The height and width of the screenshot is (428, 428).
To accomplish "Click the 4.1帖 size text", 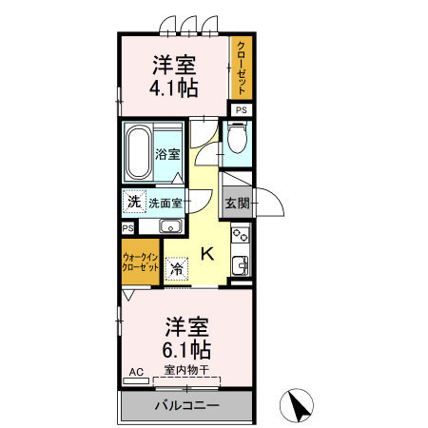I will [x=173, y=89].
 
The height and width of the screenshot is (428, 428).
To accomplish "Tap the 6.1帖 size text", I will [x=186, y=348].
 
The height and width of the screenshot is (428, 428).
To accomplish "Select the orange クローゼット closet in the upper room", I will [x=243, y=68].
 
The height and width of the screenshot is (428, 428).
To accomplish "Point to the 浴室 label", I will [x=168, y=153].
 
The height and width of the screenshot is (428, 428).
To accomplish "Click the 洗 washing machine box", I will [x=134, y=201].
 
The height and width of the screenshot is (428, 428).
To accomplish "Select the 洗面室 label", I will [x=166, y=202].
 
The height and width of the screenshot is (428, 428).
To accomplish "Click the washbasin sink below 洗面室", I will [x=171, y=225].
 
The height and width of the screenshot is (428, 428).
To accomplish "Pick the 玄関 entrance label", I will [x=237, y=203].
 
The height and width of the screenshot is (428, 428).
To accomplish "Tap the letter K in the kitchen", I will [x=206, y=252].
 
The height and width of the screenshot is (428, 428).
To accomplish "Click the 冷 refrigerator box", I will [x=177, y=268].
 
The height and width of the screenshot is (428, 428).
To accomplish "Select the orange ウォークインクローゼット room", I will [x=140, y=263].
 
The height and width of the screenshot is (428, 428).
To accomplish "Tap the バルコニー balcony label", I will [x=186, y=405].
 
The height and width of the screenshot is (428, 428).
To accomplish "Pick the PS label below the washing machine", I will [x=127, y=228].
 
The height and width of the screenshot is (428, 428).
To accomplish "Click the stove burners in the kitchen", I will [x=242, y=232].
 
